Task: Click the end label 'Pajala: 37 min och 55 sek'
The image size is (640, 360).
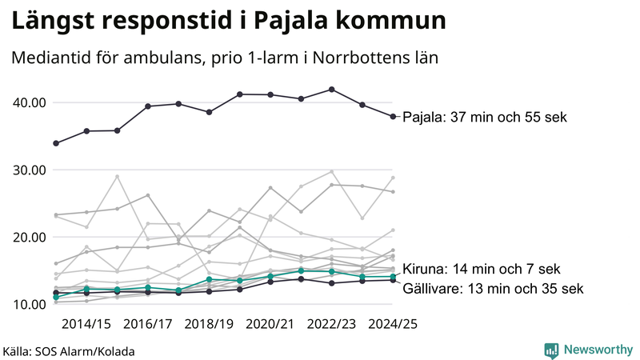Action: (484, 117)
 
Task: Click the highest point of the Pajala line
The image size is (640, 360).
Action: (332, 90)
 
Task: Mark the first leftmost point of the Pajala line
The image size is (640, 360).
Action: (55, 143)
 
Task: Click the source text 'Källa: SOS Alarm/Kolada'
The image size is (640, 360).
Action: (69, 351)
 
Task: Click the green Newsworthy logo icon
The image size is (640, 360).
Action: (551, 350)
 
